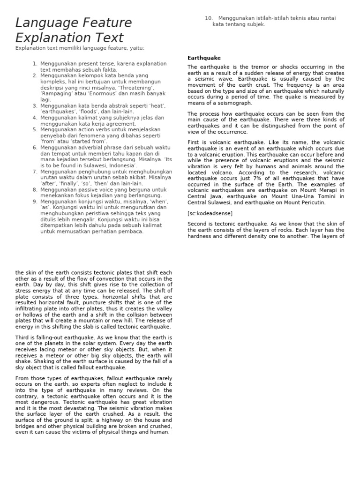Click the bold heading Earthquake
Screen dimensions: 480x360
[204, 58]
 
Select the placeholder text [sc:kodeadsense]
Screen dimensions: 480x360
[210, 213]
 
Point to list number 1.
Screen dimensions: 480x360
[35, 63]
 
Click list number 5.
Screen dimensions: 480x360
[35, 129]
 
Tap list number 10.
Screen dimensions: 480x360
[209, 18]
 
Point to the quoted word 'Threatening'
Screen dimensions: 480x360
[136, 88]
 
